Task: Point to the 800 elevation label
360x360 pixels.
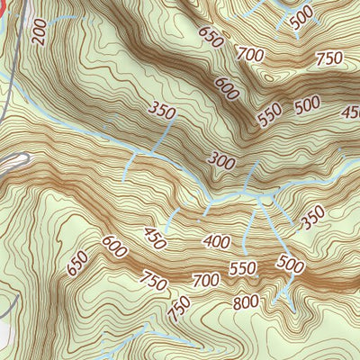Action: (246, 302)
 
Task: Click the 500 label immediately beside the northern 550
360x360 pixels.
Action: (307, 103)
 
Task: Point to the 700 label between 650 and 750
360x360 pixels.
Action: (249, 54)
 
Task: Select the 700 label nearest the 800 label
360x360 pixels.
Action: (206, 282)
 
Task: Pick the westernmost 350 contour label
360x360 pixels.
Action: (162, 112)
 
